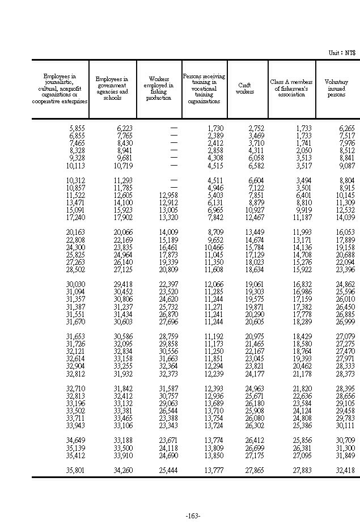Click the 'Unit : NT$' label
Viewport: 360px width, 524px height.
[x=342, y=53]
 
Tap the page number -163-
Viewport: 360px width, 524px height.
[x=193, y=515]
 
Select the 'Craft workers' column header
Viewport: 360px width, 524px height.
[x=245, y=88]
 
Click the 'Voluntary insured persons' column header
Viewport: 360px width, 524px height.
[x=336, y=88]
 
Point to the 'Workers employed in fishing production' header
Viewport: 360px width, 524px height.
[x=159, y=88]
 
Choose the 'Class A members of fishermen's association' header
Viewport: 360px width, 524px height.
[x=291, y=88]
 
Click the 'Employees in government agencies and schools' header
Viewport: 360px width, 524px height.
[x=112, y=88]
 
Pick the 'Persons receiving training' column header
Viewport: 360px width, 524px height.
[x=204, y=88]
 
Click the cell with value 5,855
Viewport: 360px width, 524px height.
[x=75, y=129]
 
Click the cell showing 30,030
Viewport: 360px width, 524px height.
[x=75, y=284]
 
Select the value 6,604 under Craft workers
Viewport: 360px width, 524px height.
[x=254, y=180]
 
